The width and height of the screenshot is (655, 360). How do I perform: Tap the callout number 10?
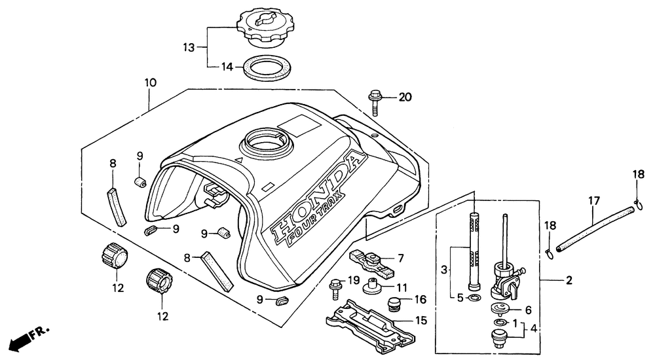150,83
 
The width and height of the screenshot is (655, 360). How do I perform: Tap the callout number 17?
593,202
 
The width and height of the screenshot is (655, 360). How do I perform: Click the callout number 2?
569,280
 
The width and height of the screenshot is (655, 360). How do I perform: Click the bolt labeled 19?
335,286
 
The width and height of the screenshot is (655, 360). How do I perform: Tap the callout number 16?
421,300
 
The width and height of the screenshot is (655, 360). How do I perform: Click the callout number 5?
461,298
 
